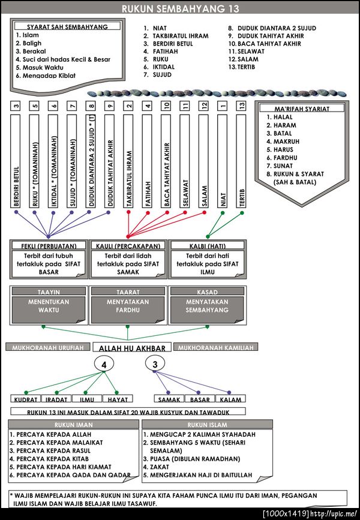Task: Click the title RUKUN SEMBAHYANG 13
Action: tap(180, 8)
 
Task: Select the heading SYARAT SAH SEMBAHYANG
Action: tap(67, 27)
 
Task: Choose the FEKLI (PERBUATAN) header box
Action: tap(49, 245)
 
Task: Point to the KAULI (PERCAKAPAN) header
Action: tap(128, 245)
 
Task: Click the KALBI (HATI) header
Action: tap(207, 245)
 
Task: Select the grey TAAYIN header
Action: tap(49, 291)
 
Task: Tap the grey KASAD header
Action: tap(207, 291)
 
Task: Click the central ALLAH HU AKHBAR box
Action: tap(132, 348)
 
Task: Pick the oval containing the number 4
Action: tap(104, 365)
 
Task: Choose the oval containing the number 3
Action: tap(155, 365)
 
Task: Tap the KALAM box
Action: tap(230, 399)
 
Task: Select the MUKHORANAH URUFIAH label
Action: tap(48, 347)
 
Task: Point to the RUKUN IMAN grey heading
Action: tap(70, 424)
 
